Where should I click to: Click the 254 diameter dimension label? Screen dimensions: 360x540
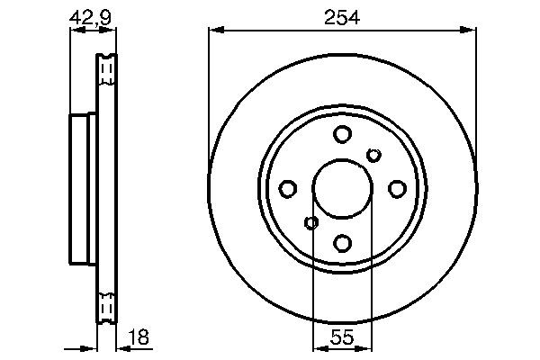pyautogui.click(x=341, y=14)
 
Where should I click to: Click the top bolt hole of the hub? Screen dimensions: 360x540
pyautogui.click(x=342, y=135)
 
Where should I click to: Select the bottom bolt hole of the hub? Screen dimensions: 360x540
pyautogui.click(x=342, y=242)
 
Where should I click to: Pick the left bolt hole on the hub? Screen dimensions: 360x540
pyautogui.click(x=288, y=189)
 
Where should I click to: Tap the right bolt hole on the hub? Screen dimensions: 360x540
pyautogui.click(x=396, y=189)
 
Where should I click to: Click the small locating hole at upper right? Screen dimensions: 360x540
pyautogui.click(x=373, y=157)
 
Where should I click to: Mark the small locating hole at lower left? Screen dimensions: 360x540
pyautogui.click(x=311, y=222)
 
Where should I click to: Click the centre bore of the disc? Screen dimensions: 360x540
pyautogui.click(x=342, y=189)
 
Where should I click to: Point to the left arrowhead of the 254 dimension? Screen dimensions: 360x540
pyautogui.click(x=214, y=30)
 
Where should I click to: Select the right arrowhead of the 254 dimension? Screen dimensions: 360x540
pyautogui.click(x=471, y=30)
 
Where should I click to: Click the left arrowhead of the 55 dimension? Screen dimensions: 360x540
pyautogui.click(x=318, y=349)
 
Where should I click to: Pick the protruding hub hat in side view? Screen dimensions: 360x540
pyautogui.click(x=82, y=189)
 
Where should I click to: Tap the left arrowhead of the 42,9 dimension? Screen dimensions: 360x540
pyautogui.click(x=75, y=30)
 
